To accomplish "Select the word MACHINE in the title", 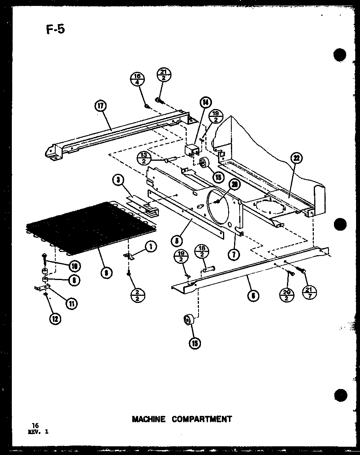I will click(x=149, y=419).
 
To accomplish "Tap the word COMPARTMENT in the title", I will click(x=202, y=419).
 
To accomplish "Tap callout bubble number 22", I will click(x=295, y=159).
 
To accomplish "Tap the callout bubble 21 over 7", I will click(x=310, y=292).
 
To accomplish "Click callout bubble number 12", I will click(x=56, y=319).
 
